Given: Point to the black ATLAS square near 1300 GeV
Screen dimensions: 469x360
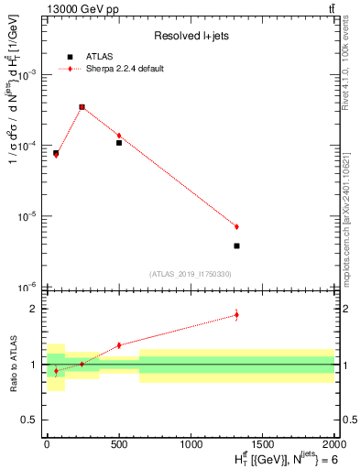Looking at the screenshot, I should [236, 245].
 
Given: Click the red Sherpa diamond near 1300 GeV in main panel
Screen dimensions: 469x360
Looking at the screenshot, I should [236, 226].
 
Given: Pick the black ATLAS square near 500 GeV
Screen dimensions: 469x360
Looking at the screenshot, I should [119, 143].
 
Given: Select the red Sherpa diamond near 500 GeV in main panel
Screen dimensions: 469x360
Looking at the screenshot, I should [119, 136].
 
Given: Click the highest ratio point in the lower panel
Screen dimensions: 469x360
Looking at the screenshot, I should [236, 315].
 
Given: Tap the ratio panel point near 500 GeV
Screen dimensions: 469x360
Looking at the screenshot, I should [119, 345].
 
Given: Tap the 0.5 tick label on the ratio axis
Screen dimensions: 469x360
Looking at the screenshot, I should [30, 420].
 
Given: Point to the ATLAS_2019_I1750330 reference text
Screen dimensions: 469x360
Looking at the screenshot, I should [190, 274].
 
